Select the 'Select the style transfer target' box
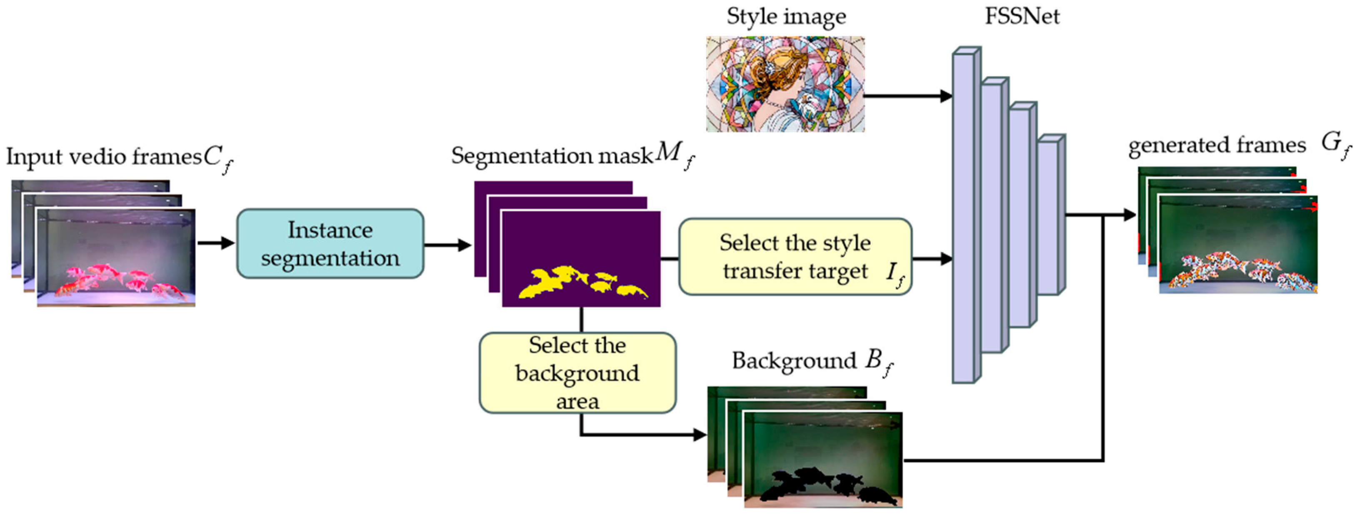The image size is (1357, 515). [795, 257]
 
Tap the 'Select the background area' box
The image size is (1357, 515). [577, 373]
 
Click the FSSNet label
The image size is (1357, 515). [1022, 16]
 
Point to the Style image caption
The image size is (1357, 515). [786, 16]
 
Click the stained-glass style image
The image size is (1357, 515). [785, 84]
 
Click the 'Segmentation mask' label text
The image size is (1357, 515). [552, 156]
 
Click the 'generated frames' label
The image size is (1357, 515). [1217, 145]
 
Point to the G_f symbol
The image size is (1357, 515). [1335, 144]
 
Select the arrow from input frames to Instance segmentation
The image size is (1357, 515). [216, 243]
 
